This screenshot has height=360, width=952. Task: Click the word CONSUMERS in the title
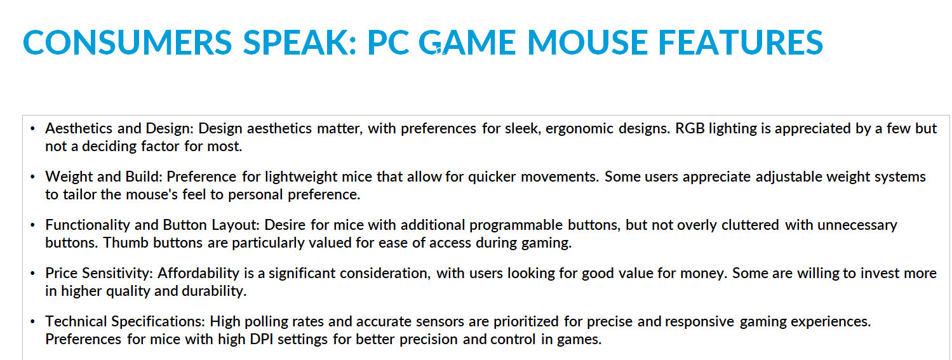pos(128,43)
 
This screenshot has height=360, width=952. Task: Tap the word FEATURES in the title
pos(741,43)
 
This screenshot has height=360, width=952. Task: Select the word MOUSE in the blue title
pos(587,43)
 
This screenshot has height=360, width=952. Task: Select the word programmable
pos(516,225)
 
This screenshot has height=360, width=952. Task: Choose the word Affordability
pos(199,273)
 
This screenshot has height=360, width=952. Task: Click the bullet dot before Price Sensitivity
pos(33,273)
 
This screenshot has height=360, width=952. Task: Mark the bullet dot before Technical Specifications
pos(33,322)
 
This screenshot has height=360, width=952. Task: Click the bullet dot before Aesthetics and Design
pos(33,129)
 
